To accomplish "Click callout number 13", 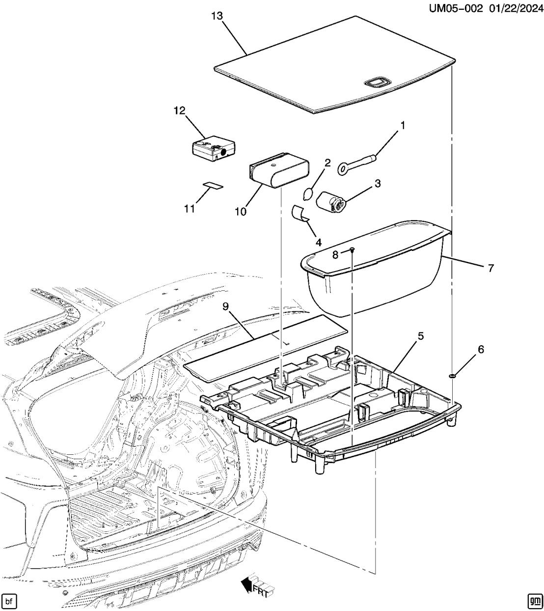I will (x=217, y=16).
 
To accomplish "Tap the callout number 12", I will (x=179, y=111).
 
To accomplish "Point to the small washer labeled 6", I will (x=452, y=376).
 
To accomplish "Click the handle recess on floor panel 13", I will (x=378, y=82).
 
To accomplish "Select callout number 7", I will (x=490, y=268).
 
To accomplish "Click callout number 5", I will (x=421, y=336).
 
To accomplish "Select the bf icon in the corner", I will (x=8, y=601).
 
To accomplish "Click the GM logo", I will (x=534, y=601).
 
